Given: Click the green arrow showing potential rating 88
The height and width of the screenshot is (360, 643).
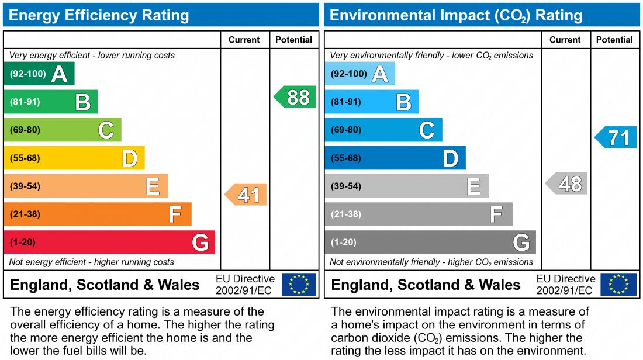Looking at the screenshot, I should [296, 97].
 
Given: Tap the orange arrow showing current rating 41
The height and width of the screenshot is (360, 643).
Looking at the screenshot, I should [247, 195].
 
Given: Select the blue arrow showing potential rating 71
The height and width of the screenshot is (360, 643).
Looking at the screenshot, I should [617, 138].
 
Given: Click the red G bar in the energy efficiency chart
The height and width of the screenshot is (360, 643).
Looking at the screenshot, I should [109, 242].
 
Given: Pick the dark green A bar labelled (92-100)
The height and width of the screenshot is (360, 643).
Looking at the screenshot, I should [39, 74].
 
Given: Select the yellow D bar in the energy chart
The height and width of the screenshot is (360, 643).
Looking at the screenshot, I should [74, 158].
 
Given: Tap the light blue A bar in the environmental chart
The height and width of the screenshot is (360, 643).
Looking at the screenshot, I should [359, 74].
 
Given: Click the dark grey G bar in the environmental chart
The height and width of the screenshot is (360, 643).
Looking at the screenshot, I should [430, 242].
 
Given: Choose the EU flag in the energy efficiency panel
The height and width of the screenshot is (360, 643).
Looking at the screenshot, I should [299, 284].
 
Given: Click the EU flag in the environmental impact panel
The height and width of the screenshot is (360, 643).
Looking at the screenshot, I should [619, 284].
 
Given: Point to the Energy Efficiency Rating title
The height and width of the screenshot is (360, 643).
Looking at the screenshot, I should [99, 15].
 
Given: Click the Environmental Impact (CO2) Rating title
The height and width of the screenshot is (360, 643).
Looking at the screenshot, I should [456, 15].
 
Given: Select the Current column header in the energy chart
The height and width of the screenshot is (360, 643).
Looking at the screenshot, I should [244, 40].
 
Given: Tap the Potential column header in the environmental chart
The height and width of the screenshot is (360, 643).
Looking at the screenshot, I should [614, 40].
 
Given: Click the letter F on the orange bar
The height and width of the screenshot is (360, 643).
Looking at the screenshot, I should [174, 214].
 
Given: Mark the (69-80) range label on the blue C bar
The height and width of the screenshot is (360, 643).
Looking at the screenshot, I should [346, 130].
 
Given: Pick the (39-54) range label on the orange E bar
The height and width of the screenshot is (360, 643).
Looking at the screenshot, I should [25, 186].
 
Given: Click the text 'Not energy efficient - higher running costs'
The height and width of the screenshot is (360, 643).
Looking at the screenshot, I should [92, 262].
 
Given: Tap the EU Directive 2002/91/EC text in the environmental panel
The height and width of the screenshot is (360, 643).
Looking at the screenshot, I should [565, 285].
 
